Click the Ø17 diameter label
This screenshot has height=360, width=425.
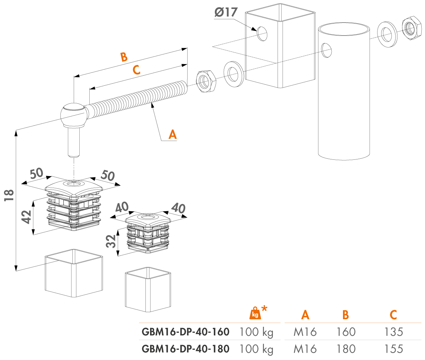point(226,12)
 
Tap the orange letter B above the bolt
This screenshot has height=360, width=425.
point(124,57)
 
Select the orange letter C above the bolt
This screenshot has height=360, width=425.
point(136,70)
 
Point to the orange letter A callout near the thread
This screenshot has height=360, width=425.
point(172,135)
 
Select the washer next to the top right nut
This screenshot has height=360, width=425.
point(387,34)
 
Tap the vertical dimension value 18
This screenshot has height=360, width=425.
point(9,195)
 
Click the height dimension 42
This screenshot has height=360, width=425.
point(27,217)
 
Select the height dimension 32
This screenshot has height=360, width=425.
point(111,241)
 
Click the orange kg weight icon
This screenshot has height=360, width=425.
point(255,313)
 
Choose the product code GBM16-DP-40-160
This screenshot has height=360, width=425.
point(185,332)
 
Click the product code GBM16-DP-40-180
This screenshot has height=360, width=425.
point(185,349)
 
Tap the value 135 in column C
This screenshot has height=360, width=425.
point(393,332)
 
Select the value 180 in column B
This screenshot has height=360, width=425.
point(346,349)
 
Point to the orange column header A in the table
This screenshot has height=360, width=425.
point(305,315)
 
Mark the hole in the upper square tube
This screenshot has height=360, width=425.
point(262,34)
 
